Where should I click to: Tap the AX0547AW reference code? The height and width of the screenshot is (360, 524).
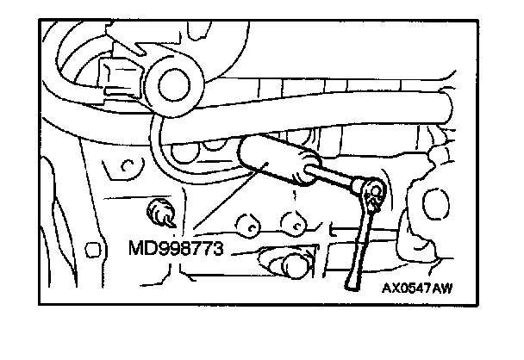(419, 289)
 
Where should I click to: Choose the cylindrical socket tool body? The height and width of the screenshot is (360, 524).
(278, 164)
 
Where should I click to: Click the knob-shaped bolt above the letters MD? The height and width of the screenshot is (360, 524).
(162, 211)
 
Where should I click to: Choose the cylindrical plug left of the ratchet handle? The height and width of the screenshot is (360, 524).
(287, 264)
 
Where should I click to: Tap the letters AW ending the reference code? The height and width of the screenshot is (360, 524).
(442, 289)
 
